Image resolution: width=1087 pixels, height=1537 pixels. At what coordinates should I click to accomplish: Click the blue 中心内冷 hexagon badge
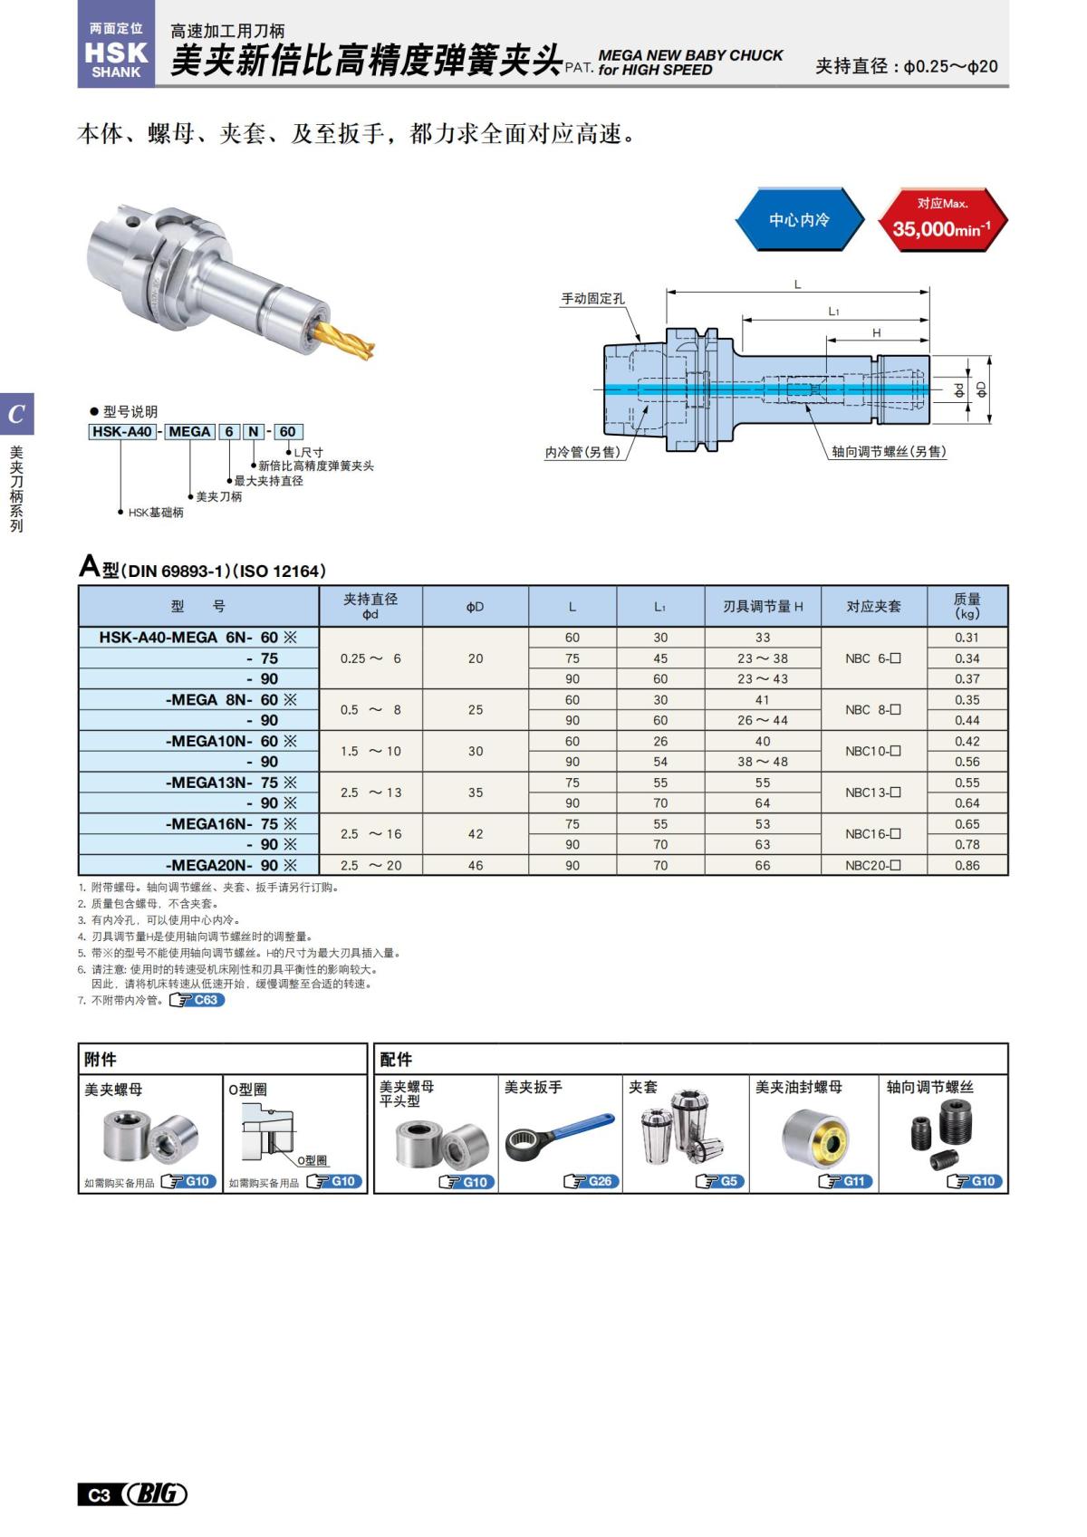click(799, 220)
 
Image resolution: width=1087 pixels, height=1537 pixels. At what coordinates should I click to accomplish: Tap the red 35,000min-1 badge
click(942, 220)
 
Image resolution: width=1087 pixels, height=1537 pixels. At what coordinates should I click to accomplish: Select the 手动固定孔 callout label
click(592, 299)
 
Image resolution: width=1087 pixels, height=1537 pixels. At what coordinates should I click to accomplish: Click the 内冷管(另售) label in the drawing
click(582, 452)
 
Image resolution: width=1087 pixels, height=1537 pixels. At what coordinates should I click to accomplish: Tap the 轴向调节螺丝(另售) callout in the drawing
click(889, 452)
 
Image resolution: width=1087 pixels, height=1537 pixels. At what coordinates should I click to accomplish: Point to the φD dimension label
click(981, 389)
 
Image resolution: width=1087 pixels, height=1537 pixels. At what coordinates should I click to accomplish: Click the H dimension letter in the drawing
click(876, 333)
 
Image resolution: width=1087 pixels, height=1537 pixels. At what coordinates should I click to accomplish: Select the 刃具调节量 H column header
click(763, 606)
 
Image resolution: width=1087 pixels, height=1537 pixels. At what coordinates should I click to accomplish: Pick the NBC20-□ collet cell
click(873, 866)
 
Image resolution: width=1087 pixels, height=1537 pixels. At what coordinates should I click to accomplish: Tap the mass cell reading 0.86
click(967, 866)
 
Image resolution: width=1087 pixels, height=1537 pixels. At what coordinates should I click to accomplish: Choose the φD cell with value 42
click(476, 834)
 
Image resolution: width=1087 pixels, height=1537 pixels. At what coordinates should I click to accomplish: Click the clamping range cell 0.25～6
click(370, 658)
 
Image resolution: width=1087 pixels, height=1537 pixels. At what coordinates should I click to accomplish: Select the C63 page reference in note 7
click(197, 1000)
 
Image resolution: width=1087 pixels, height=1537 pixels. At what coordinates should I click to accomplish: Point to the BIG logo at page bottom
click(156, 1494)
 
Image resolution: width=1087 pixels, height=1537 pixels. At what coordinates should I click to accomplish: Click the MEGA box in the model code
click(189, 432)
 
